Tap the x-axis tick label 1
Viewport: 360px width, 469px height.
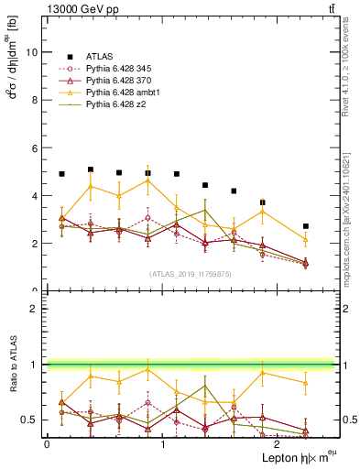click(x=162, y=444)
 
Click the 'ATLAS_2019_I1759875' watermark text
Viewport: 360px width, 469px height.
click(x=191, y=273)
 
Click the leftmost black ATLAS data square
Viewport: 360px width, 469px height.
click(x=61, y=173)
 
